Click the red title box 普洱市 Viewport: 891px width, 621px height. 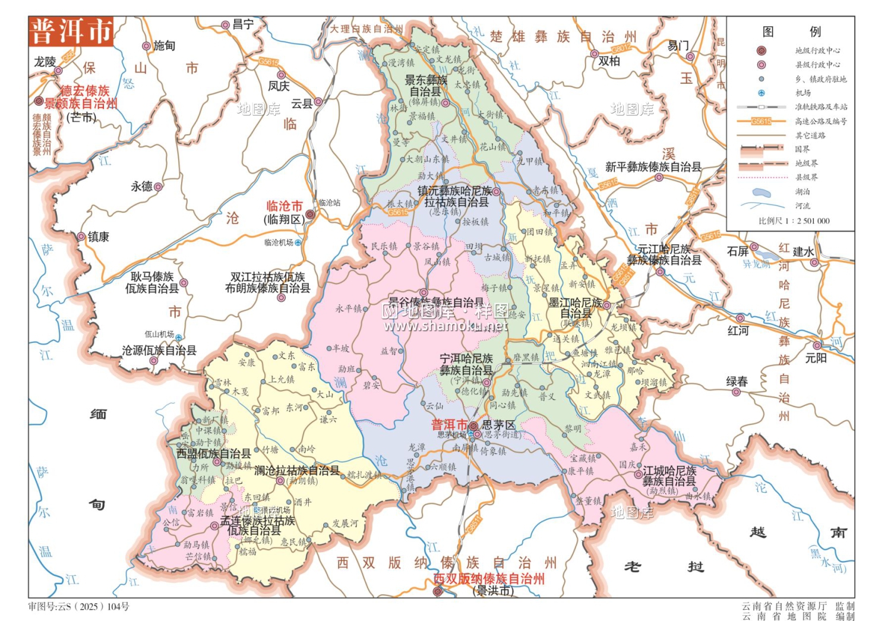pyautogui.click(x=71, y=31)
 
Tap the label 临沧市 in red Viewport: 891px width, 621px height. pyautogui.click(x=285, y=206)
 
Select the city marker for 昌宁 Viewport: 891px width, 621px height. pyautogui.click(x=226, y=25)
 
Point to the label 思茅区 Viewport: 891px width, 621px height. pyautogui.click(x=498, y=425)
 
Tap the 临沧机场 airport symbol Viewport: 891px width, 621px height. pyautogui.click(x=298, y=242)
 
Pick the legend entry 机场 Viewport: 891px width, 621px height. pyautogui.click(x=802, y=93)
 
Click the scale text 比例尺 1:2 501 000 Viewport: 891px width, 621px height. pyautogui.click(x=794, y=221)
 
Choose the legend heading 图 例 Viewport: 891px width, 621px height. pyautogui.click(x=791, y=31)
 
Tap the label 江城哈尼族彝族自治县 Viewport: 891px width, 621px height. pyautogui.click(x=669, y=476)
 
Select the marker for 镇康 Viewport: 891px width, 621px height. pyautogui.click(x=81, y=237)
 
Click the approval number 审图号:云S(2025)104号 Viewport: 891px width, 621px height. pyautogui.click(x=78, y=607)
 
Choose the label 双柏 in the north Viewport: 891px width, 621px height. pyautogui.click(x=609, y=61)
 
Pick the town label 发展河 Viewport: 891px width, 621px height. pyautogui.click(x=345, y=523)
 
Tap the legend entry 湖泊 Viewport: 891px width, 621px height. pyautogui.click(x=802, y=192)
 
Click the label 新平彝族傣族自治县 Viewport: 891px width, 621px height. pyautogui.click(x=653, y=167)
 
